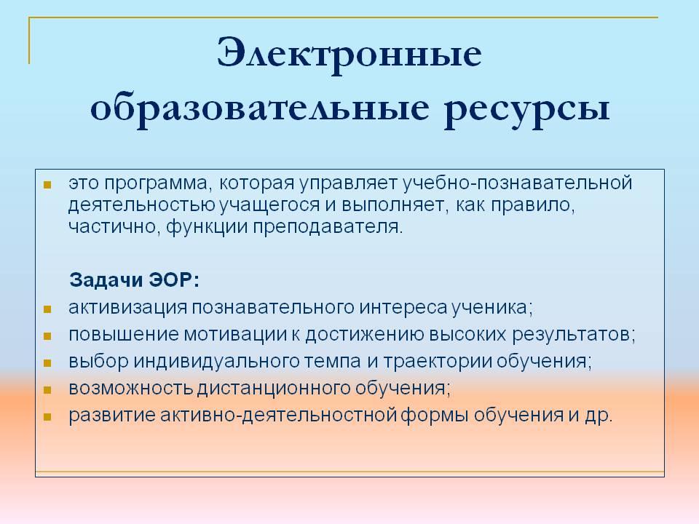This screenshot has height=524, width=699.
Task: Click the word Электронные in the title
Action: point(349,53)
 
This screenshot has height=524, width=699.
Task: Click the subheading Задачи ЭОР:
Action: point(134,280)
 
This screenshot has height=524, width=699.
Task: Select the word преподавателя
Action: point(328,228)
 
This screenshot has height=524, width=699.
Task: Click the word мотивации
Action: point(235,335)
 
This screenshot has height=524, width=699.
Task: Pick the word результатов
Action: point(573,335)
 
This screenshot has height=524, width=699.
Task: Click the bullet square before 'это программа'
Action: point(48,185)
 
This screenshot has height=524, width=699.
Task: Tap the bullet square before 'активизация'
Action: point(48,309)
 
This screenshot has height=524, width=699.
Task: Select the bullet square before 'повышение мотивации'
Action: point(48,336)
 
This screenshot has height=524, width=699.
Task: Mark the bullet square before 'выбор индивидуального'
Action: point(48,363)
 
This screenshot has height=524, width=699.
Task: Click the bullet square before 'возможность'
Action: point(48,390)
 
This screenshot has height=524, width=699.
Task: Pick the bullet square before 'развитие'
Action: point(48,417)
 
